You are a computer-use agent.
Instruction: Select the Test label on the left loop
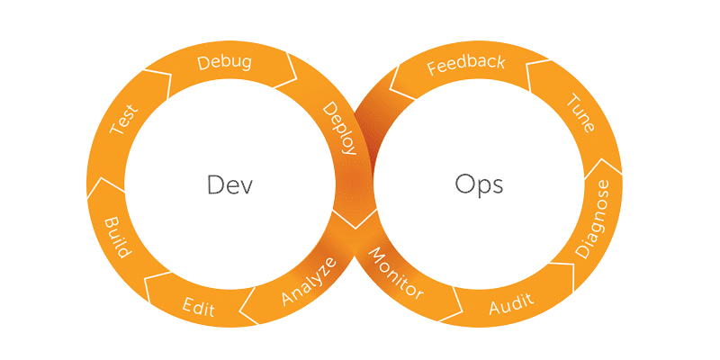[123, 120]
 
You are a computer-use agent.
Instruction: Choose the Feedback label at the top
[465, 67]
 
